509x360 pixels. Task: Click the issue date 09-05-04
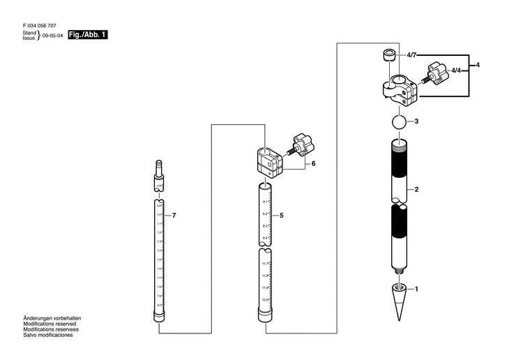(x=53, y=36)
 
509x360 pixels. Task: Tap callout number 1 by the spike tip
(x=416, y=288)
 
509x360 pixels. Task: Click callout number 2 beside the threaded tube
(x=416, y=190)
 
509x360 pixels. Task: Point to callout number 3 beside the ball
(x=416, y=121)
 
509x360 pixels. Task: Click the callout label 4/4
(x=456, y=71)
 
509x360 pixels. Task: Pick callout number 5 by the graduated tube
(x=281, y=216)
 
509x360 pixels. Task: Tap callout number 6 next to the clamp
(x=314, y=163)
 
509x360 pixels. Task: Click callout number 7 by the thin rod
(x=174, y=216)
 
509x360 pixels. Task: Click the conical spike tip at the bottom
(x=398, y=301)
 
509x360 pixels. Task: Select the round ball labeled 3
(x=397, y=122)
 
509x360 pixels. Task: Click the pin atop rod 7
(x=158, y=167)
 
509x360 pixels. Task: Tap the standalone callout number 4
(x=478, y=65)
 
